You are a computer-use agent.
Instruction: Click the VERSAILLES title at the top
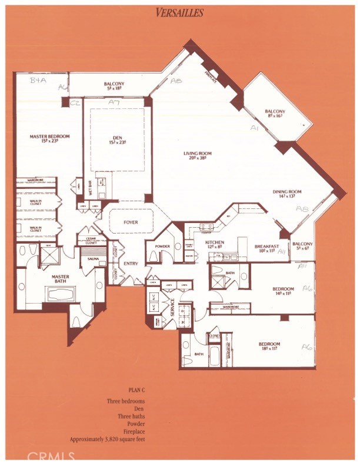(x=180, y=12)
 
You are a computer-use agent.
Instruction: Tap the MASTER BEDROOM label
(x=50, y=137)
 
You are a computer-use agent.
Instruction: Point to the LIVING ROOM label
(x=197, y=154)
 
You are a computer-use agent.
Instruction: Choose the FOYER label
(x=131, y=222)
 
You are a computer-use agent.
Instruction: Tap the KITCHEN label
(x=214, y=242)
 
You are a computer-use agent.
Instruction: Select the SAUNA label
(x=92, y=258)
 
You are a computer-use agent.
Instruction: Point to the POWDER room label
(x=163, y=246)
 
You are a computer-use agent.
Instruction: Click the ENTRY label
(x=131, y=263)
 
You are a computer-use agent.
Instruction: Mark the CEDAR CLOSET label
(x=91, y=239)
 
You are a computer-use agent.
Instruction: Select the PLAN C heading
(x=137, y=390)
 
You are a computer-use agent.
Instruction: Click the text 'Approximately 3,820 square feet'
(x=108, y=439)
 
